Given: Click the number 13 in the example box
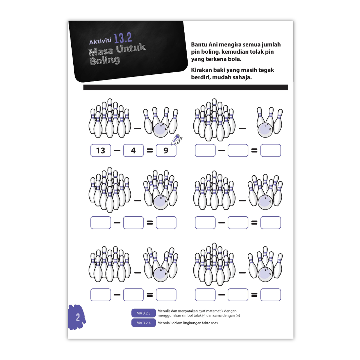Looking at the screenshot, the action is point(100,150).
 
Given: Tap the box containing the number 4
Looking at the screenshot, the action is point(133,150).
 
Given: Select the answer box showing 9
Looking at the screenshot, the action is point(166,150).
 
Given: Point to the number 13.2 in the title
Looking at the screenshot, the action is point(122,38).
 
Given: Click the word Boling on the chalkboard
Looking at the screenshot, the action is point(105,60).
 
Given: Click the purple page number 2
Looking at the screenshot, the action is point(78,317).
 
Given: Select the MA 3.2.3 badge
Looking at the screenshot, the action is point(144,313).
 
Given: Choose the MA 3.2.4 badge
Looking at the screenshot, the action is point(144,323).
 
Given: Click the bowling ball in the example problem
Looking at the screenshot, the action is point(161,130).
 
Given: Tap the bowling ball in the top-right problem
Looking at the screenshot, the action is point(265,130).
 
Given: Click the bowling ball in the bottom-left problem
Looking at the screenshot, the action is point(161,274).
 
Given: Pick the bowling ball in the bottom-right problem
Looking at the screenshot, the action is point(265,274).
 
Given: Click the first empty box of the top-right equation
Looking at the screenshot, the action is point(205,150).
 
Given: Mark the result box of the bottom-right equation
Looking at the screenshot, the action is point(271,295).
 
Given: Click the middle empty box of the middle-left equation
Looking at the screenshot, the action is point(133,222).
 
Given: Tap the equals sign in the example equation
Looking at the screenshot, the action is point(150,150).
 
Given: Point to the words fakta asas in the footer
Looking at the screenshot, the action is point(210,323).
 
